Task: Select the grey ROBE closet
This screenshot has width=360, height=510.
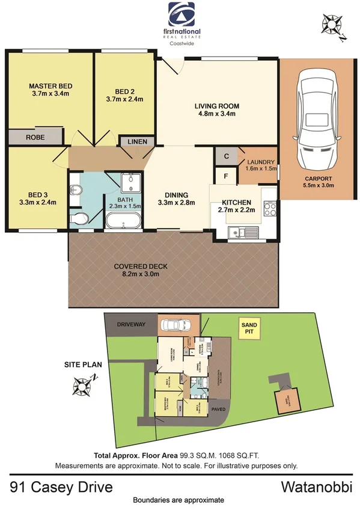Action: [34, 137]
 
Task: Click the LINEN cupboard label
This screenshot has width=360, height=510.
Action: [138, 141]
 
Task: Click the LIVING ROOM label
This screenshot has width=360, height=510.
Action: [215, 106]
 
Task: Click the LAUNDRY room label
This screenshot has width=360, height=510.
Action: [260, 162]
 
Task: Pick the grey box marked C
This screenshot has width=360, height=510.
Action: [226, 156]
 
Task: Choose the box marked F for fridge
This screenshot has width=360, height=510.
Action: [226, 177]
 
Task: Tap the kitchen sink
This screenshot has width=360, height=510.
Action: [244, 232]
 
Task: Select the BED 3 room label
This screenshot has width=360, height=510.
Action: [37, 194]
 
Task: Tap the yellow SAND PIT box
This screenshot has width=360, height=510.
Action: [248, 328]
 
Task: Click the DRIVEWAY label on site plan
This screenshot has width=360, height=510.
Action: [130, 325]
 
